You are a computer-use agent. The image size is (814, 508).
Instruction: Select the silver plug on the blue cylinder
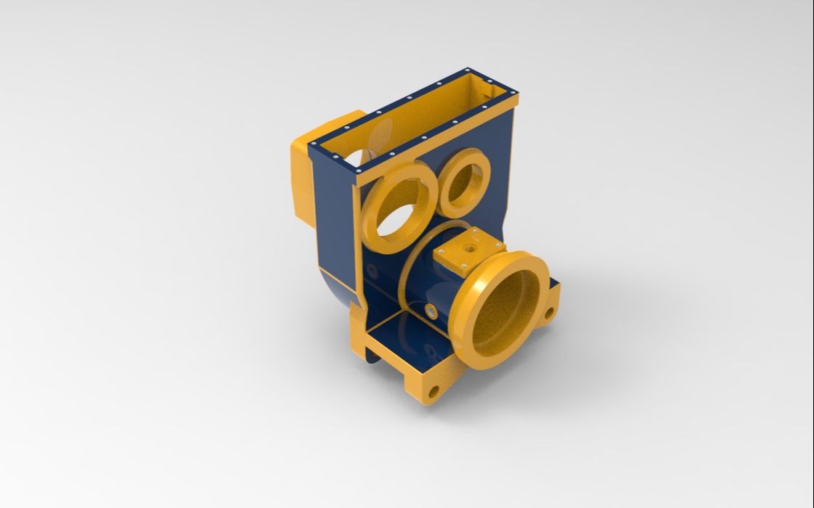coord(431,311)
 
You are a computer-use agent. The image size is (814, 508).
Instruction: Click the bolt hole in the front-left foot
coord(434,392)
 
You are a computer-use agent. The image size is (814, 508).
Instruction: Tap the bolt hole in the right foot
coord(548,313)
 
